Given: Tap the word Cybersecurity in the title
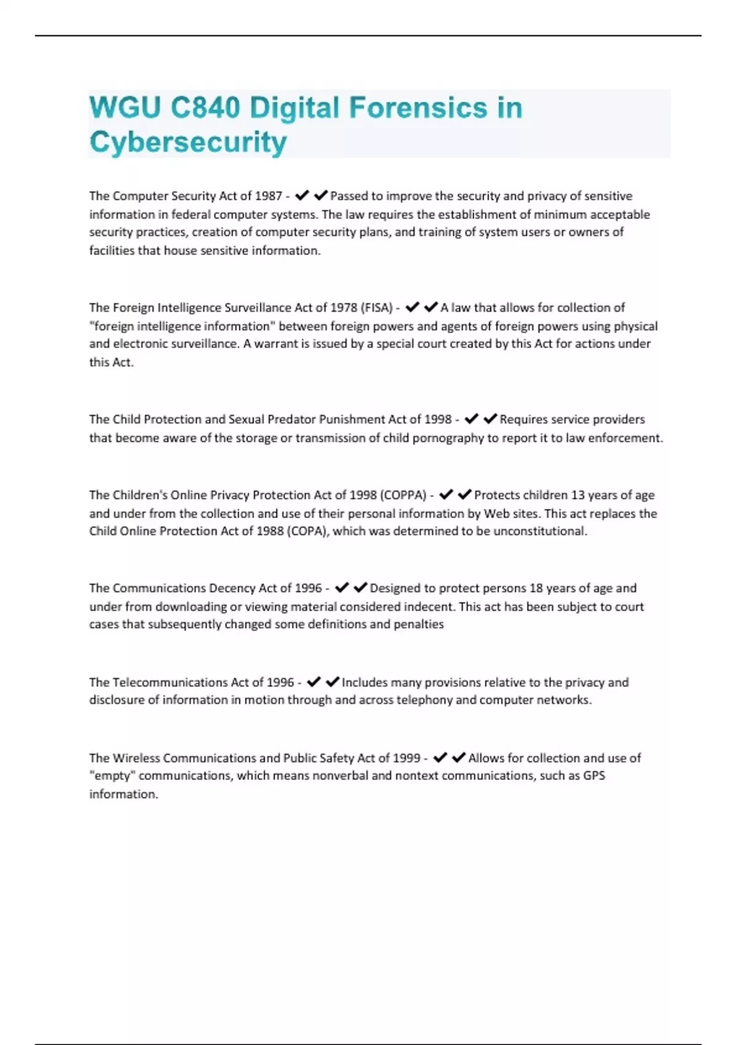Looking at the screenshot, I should (188, 142).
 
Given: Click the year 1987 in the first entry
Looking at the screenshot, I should (268, 196).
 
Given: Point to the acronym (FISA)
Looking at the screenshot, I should (376, 308).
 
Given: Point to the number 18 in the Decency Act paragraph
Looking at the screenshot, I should (536, 588).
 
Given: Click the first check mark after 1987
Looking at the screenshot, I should (302, 196).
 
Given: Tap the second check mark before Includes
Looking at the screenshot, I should (332, 682).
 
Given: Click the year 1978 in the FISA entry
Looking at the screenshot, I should (344, 308).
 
